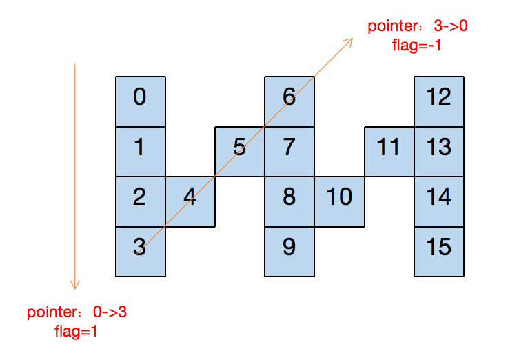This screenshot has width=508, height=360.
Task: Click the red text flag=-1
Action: (417, 46)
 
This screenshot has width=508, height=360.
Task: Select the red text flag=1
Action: (76, 331)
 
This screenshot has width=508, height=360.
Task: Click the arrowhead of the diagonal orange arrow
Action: (351, 40)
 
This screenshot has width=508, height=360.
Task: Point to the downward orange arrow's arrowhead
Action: (75, 286)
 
